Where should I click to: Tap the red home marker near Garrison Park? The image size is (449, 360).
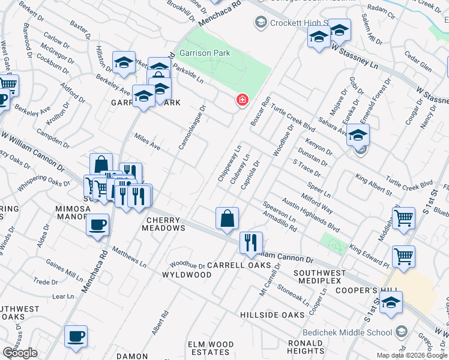click(x=242, y=100)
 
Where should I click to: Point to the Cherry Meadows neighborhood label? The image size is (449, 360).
click(x=163, y=224)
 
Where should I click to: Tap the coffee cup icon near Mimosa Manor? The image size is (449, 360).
click(x=97, y=226)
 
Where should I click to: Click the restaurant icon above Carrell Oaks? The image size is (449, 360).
click(x=250, y=242)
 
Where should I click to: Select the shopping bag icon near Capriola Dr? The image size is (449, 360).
click(x=228, y=218)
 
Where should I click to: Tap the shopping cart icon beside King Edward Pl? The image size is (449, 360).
click(x=403, y=256)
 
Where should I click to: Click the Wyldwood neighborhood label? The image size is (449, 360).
click(x=187, y=275)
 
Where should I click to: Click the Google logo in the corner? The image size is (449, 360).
click(x=20, y=353)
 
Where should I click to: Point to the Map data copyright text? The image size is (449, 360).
click(x=412, y=355)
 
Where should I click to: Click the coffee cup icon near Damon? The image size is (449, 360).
click(x=76, y=337)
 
